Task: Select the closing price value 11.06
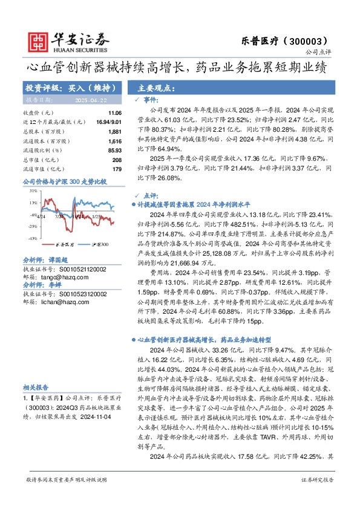[114, 113]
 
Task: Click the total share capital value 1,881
[115, 131]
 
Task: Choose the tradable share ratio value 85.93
[114, 150]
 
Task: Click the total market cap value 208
[117, 159]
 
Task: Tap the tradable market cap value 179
[117, 169]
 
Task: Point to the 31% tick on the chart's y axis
[32, 190]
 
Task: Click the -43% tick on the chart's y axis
[31, 238]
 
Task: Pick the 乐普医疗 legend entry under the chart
[61, 245]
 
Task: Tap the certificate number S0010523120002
[74, 294]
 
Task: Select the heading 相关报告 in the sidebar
[36, 387]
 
